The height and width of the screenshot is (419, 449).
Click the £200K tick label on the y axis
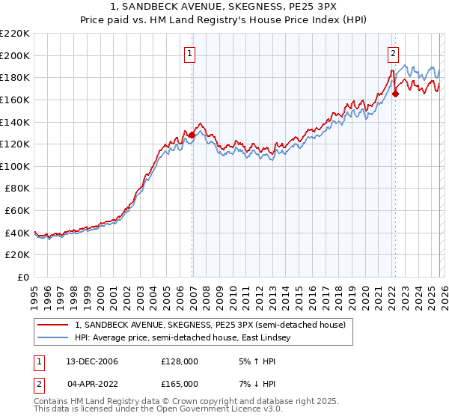[x=15, y=55]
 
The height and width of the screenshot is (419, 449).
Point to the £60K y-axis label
[x=17, y=211]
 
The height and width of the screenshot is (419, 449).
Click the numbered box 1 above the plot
[x=192, y=53]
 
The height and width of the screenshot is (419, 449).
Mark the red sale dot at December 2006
[x=192, y=135]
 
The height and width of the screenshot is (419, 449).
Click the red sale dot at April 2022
[x=395, y=94]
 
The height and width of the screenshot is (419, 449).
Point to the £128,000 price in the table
[x=179, y=361]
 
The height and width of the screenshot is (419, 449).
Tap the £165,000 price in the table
[x=179, y=383]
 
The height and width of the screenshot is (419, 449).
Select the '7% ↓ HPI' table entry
[x=253, y=383]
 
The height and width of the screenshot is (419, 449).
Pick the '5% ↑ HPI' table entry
[x=253, y=361]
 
